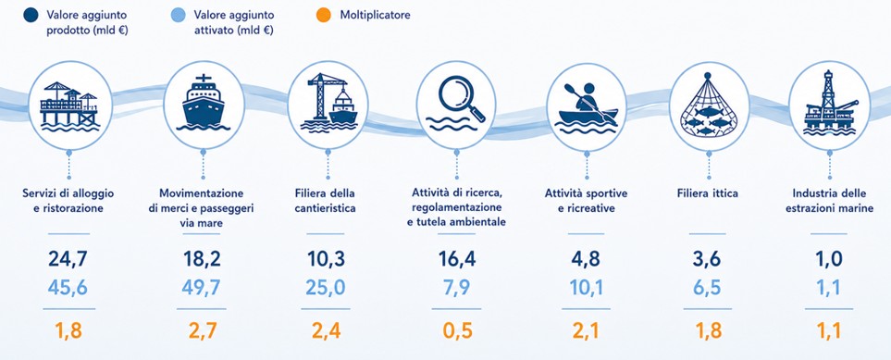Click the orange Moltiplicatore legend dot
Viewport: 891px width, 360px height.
(323, 15)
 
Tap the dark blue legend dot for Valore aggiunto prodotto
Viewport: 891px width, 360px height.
(31, 15)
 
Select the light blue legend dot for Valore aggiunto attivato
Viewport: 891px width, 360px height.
(178, 15)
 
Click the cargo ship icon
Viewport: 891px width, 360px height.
(204, 103)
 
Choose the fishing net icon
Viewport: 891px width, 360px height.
(708, 106)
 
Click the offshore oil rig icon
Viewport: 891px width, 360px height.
(830, 104)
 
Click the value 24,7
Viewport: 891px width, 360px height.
(68, 259)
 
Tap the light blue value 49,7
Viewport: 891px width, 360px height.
(201, 287)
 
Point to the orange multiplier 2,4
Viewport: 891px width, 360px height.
(327, 330)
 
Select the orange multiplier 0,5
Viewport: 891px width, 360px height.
(457, 330)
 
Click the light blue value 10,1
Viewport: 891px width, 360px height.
(587, 287)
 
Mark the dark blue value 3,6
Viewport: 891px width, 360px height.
(707, 259)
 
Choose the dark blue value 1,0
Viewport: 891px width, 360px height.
(829, 259)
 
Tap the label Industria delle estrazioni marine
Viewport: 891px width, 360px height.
(830, 201)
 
